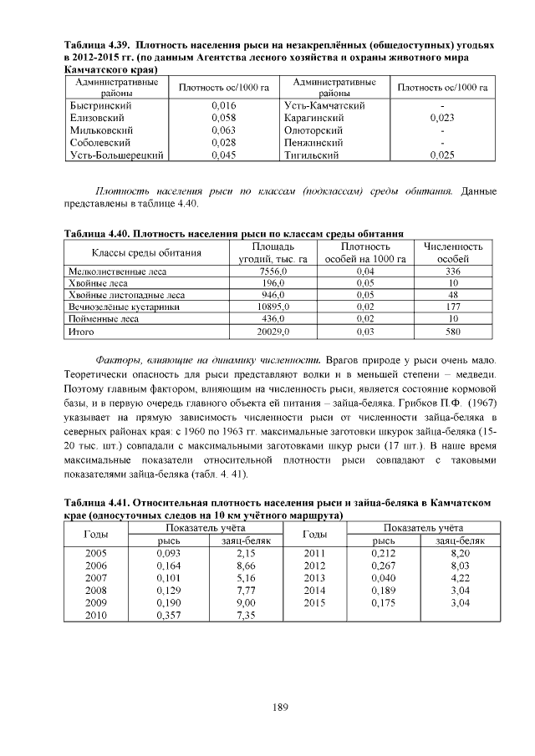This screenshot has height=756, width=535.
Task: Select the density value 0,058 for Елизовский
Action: tap(223, 119)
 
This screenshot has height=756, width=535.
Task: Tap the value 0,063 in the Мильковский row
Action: tap(223, 130)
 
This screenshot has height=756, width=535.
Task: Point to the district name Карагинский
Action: tap(314, 119)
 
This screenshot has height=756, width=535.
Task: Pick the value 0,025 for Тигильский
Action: tap(441, 155)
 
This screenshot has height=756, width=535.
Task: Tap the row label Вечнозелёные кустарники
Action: tap(113, 307)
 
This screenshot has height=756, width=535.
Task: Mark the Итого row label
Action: tap(80, 332)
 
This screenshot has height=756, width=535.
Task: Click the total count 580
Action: tap(453, 332)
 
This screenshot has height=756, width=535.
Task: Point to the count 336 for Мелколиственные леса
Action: tap(453, 271)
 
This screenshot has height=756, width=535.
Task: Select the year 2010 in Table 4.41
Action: tap(96, 615)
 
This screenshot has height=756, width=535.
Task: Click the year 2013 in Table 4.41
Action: tap(313, 577)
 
